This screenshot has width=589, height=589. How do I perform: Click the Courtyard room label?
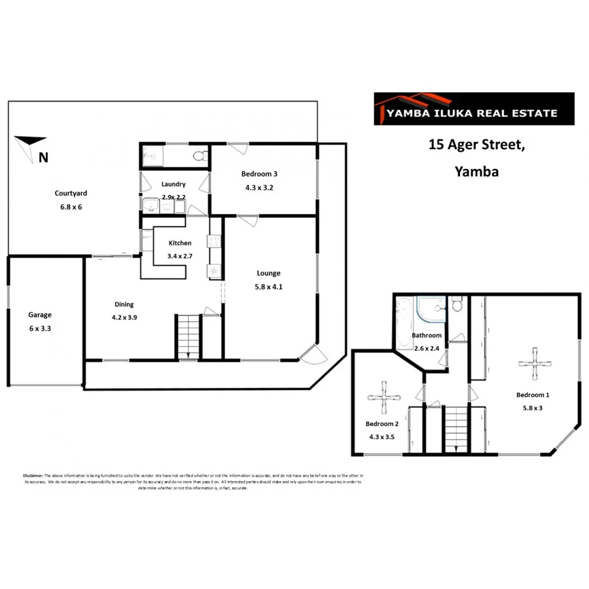tap(71, 193)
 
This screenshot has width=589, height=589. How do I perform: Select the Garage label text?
tap(39, 315)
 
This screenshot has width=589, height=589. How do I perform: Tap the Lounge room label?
tap(269, 273)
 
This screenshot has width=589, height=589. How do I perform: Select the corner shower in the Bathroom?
tap(432, 310)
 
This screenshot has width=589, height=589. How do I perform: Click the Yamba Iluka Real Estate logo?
tap(473, 109)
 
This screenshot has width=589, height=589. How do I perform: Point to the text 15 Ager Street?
tap(476, 145)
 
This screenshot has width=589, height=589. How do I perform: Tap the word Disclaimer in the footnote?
tap(33, 475)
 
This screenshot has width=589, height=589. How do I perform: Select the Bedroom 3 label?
tap(259, 173)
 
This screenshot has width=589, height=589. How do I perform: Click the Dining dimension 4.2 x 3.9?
tap(124, 317)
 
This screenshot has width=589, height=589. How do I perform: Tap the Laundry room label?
tap(173, 185)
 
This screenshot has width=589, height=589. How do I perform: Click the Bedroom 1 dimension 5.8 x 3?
tap(532, 408)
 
